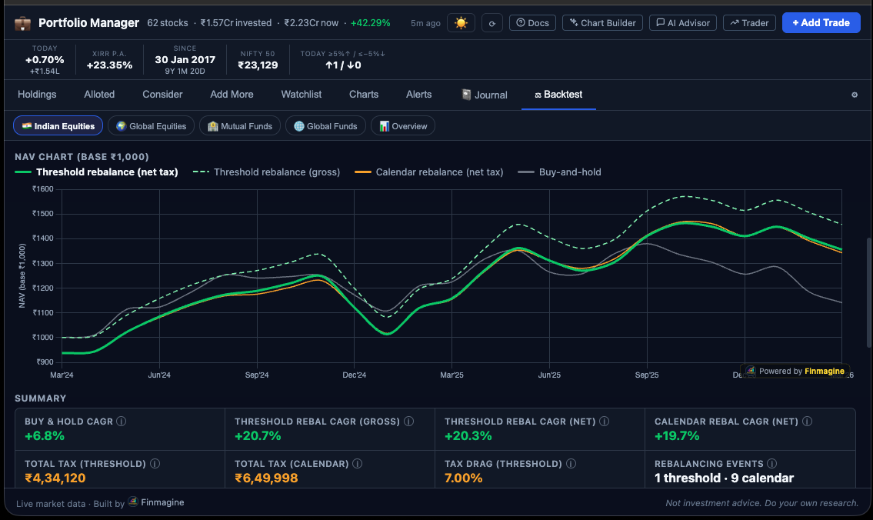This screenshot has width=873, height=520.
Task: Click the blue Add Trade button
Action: pyautogui.click(x=821, y=23)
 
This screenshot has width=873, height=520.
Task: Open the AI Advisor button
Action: pyautogui.click(x=683, y=23)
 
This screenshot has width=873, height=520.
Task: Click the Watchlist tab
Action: pyautogui.click(x=302, y=95)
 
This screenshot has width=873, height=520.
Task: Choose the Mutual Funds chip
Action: pyautogui.click(x=240, y=126)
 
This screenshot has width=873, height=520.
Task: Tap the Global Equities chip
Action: pyautogui.click(x=151, y=126)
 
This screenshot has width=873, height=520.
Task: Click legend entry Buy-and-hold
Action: pyautogui.click(x=569, y=172)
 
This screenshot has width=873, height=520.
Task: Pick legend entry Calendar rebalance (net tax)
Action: pyautogui.click(x=438, y=172)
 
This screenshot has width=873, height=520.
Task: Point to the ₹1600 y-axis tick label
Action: pyautogui.click(x=42, y=189)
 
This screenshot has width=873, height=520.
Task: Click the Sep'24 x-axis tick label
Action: pyautogui.click(x=257, y=375)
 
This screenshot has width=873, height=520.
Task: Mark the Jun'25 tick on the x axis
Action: pyautogui.click(x=549, y=375)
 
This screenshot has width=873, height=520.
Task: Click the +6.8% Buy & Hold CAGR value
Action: pyautogui.click(x=45, y=436)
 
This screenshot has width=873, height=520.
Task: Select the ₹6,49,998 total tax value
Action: pyautogui.click(x=266, y=478)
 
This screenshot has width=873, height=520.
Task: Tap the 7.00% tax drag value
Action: pyautogui.click(x=464, y=478)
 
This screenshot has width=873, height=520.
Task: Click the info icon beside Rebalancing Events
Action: pyautogui.click(x=771, y=464)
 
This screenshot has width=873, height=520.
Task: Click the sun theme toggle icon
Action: pyautogui.click(x=461, y=23)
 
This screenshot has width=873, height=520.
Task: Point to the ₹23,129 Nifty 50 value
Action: pyautogui.click(x=258, y=65)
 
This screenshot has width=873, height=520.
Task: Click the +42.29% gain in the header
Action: pyautogui.click(x=370, y=23)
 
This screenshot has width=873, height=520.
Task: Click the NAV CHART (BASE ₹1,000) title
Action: pyautogui.click(x=82, y=157)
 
